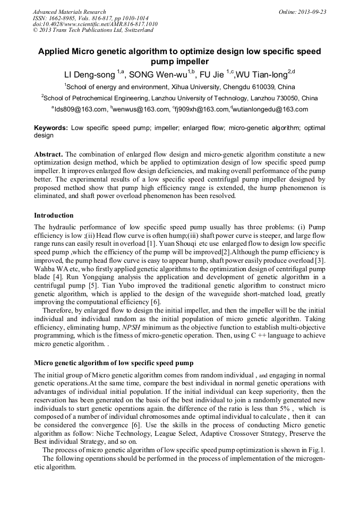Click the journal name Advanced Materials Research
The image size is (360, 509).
point(69,12)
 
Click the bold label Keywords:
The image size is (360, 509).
point(51,128)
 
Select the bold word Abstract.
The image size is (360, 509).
point(48,154)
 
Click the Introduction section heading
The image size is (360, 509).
point(54,215)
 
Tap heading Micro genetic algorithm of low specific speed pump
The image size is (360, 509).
point(114,363)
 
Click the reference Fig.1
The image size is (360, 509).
point(316,450)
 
